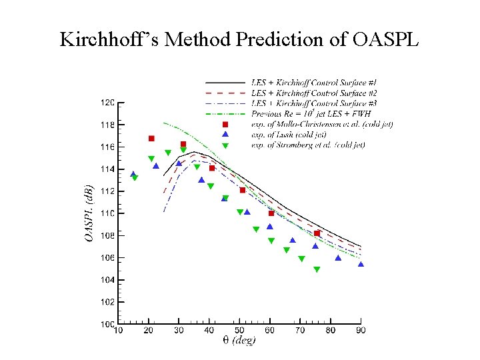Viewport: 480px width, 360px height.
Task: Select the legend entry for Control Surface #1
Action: (x=314, y=83)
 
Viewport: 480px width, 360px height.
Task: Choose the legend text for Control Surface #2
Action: (x=314, y=93)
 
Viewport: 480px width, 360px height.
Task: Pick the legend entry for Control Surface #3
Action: (x=314, y=103)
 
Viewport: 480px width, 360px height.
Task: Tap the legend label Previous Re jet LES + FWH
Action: (x=311, y=114)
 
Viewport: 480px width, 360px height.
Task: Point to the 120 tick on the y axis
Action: (x=107, y=103)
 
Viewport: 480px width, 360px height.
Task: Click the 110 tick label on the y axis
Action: (x=107, y=213)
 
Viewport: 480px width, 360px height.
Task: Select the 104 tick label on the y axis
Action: (x=107, y=280)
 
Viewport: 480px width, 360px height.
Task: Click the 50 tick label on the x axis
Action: (x=239, y=330)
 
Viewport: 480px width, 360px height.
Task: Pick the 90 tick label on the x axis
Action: (x=361, y=330)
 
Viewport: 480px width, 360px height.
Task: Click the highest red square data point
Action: (x=151, y=139)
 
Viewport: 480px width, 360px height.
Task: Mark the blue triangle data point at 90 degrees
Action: (x=361, y=264)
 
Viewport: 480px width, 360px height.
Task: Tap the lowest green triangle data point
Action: (x=317, y=270)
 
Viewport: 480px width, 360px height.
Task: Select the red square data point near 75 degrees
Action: (x=317, y=233)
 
